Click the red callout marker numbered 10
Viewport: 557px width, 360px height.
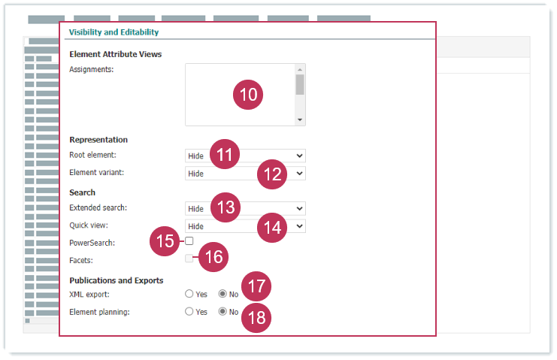[x=248, y=95]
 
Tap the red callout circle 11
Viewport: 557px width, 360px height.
[x=225, y=154]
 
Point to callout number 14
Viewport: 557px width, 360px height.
[x=272, y=228]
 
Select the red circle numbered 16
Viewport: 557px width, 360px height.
[x=213, y=257]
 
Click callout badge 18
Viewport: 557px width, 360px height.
[x=256, y=318]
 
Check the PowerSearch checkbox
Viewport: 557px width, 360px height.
[x=189, y=241]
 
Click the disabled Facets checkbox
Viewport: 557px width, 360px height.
[x=189, y=259]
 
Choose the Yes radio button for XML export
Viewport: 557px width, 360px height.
[x=189, y=294]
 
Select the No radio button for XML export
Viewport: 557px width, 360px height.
[x=222, y=294]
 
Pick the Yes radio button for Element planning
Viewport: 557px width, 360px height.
[x=189, y=311]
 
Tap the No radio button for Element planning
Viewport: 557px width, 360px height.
[x=222, y=311]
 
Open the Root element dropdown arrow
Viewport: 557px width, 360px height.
[x=299, y=156]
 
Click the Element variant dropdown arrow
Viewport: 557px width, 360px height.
[x=299, y=174]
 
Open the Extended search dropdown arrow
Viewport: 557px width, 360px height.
[x=299, y=208]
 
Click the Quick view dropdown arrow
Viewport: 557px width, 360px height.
[x=299, y=225]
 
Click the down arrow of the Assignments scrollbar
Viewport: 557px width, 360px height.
[x=300, y=119]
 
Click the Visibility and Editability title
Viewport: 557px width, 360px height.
[x=114, y=32]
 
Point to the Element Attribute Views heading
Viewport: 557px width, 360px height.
[x=116, y=54]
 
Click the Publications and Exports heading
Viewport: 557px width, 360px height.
[x=117, y=280]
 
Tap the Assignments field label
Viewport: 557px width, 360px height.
[x=91, y=70]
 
